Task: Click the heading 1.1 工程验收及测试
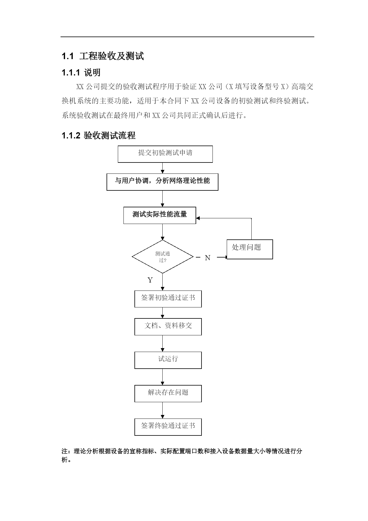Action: [x=103, y=56]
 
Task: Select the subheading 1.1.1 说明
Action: [x=81, y=72]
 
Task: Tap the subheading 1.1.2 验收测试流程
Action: [x=99, y=135]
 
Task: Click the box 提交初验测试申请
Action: [x=165, y=154]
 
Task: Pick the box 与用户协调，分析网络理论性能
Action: [x=162, y=182]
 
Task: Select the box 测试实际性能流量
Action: [x=160, y=215]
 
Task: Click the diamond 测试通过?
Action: [x=163, y=257]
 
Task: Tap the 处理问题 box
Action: [x=250, y=249]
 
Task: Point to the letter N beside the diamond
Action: [x=207, y=258]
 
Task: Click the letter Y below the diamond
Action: [x=150, y=280]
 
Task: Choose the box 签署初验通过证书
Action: [x=168, y=299]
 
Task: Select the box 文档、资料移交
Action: [x=168, y=327]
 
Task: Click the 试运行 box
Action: [x=168, y=360]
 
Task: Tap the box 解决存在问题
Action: [x=168, y=394]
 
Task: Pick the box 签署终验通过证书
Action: [x=168, y=427]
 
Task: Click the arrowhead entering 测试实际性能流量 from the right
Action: [x=198, y=218]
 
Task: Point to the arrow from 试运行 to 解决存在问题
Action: [x=162, y=377]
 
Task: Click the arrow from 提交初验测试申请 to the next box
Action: [x=162, y=168]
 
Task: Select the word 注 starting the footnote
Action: [x=64, y=451]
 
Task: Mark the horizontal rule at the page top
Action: [x=187, y=37]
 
